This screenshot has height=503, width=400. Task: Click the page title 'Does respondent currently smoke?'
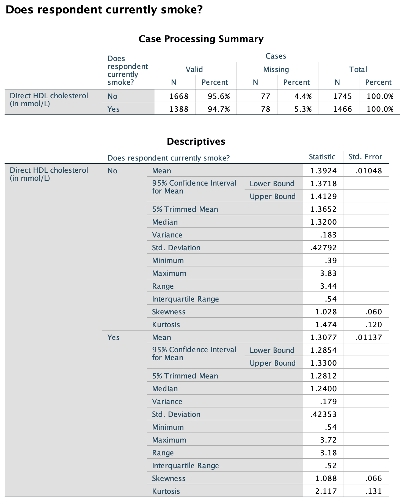coord(104,10)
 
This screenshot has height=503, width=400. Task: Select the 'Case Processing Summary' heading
coord(201,39)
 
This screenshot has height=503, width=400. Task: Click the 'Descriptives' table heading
coord(196,141)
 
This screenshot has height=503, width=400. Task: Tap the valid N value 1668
coord(179,96)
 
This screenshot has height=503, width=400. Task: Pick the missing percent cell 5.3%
coord(303,109)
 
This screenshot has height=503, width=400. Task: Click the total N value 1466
coord(343,109)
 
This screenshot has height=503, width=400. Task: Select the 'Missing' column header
coord(276,70)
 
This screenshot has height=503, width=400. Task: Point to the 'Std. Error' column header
coord(365,157)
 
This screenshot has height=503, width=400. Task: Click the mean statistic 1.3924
coord(324,171)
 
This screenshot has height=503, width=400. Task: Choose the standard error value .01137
coord(369,338)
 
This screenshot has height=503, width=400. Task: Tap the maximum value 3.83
coord(328,273)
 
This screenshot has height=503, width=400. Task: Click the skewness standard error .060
coord(373,312)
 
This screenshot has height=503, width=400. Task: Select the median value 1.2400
coord(324,389)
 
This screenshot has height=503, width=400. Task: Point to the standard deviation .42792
coord(323,248)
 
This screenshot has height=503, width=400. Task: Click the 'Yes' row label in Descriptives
coord(114,338)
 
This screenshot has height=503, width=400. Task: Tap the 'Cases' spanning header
coord(276,56)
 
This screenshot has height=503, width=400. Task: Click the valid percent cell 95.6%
coord(219,96)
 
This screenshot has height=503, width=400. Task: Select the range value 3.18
coord(328,453)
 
